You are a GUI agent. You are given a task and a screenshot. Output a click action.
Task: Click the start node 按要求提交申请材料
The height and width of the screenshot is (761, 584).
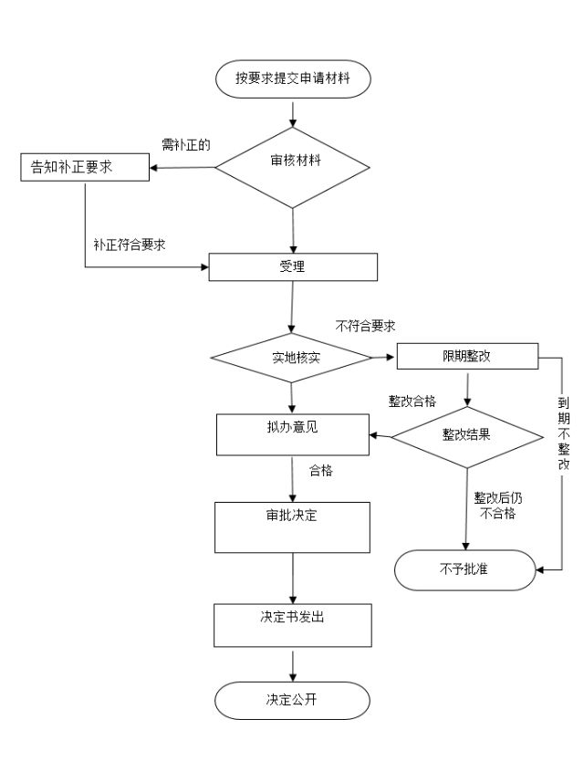(293, 78)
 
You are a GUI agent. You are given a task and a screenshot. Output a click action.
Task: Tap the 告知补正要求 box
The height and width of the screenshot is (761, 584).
(84, 167)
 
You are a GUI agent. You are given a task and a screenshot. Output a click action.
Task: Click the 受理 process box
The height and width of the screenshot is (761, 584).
(293, 266)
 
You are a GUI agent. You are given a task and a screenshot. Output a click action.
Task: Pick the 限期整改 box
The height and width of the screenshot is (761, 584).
(468, 356)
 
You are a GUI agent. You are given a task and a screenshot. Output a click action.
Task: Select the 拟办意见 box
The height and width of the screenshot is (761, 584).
(293, 433)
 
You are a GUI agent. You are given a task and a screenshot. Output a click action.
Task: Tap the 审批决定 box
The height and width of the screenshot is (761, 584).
(292, 526)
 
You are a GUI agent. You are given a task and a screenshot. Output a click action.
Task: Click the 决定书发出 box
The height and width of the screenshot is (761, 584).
(292, 625)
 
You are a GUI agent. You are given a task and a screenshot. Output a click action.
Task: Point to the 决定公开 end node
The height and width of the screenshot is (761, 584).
(292, 701)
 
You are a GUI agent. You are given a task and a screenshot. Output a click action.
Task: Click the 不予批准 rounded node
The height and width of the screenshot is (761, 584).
(464, 569)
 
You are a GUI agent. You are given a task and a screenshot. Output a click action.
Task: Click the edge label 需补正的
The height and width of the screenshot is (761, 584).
(186, 144)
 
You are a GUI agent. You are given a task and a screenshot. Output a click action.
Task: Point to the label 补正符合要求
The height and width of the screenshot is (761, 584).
(129, 245)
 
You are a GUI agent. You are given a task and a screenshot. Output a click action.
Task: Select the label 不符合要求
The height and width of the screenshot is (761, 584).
(366, 326)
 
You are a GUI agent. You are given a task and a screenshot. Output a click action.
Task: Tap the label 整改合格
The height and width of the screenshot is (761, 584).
(412, 401)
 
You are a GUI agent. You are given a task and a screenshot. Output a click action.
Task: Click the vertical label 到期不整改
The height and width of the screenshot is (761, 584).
(564, 433)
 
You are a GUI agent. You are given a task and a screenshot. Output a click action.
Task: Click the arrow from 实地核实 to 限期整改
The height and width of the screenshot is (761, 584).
(383, 357)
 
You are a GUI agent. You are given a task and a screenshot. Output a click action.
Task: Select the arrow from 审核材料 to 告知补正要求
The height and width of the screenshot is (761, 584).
(182, 167)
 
